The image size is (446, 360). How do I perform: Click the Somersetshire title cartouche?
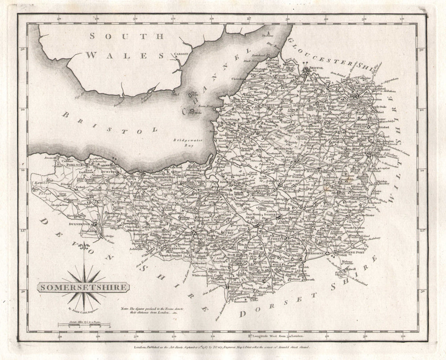pos(83,287)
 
